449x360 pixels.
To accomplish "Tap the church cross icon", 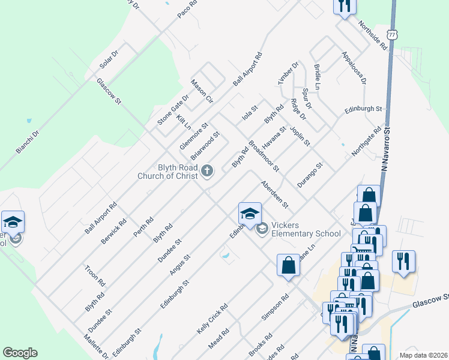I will point(207,172).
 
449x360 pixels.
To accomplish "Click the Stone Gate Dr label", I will point(173,110).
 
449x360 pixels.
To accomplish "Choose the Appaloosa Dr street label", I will point(354,68).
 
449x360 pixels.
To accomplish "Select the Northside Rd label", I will point(372,35).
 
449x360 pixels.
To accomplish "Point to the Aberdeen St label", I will point(274,195).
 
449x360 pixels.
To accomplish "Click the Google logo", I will point(20,353).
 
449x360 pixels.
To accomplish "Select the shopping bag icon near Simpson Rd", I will point(288,265).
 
